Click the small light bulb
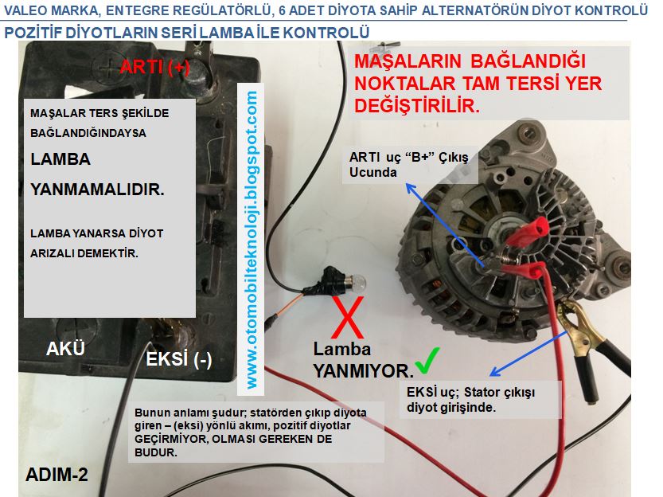coord(354,282)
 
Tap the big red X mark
coord(348,317)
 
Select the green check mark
coord(427,361)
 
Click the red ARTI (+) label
coord(154,67)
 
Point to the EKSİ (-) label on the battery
coord(179,359)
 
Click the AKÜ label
coord(65,349)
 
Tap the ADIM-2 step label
coord(57,475)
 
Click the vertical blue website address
coord(252,240)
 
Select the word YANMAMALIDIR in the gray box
coord(97,190)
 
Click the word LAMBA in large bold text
coord(60,159)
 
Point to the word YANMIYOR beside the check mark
coord(363,371)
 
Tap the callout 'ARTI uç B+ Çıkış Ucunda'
coord(409,165)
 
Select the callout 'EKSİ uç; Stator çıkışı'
coord(470,400)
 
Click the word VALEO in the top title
coord(22,10)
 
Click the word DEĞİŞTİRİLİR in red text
coord(417,106)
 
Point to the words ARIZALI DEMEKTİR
coord(84,253)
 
